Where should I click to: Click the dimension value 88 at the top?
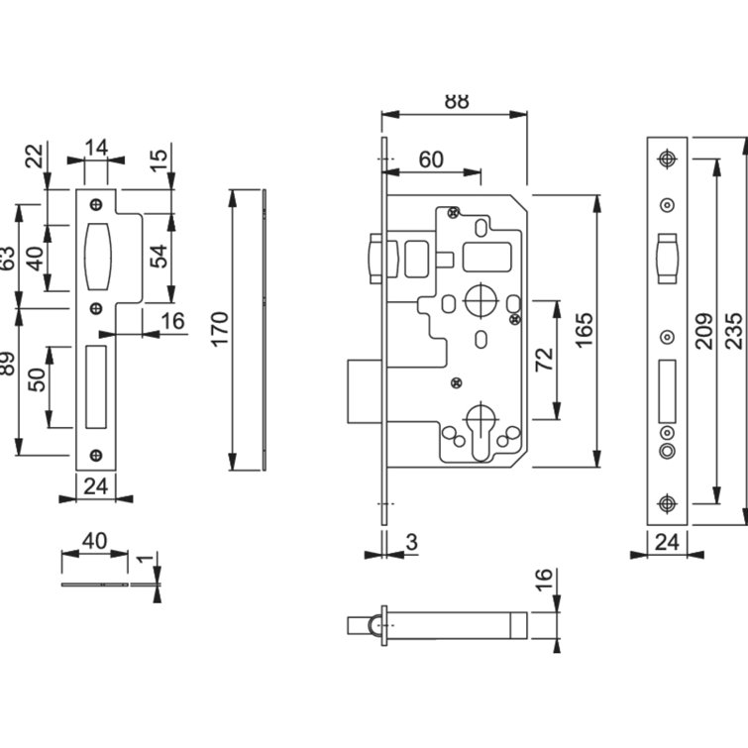click(455, 100)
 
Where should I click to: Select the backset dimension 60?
click(431, 159)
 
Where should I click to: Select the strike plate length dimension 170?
click(220, 328)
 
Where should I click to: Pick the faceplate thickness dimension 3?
click(411, 543)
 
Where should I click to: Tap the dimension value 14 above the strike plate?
click(96, 148)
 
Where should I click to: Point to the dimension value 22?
click(35, 156)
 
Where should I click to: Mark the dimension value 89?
click(7, 363)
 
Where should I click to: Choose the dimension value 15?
click(158, 156)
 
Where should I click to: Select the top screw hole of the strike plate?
click(96, 204)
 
